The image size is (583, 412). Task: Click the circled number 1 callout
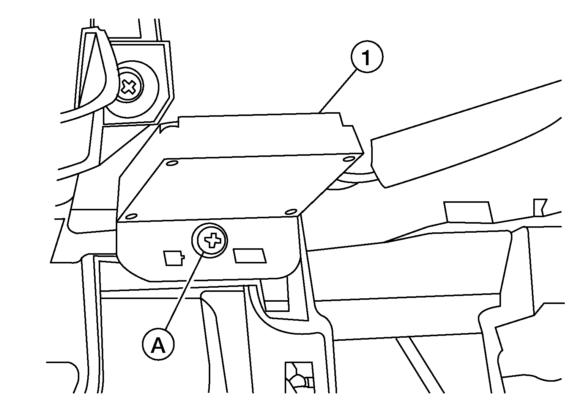(x=367, y=56)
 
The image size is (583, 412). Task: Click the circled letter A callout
(x=158, y=344)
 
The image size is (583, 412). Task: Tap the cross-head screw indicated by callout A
(x=211, y=240)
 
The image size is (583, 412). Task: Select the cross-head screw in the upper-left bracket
(x=129, y=86)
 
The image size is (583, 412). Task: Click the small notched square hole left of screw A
(x=173, y=258)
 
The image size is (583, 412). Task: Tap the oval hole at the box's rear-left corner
(x=172, y=163)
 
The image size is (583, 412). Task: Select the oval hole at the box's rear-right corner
(x=349, y=158)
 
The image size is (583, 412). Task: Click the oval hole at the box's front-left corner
(x=131, y=216)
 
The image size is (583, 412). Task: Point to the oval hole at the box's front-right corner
(x=291, y=212)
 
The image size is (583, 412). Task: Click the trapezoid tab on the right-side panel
(x=468, y=212)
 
